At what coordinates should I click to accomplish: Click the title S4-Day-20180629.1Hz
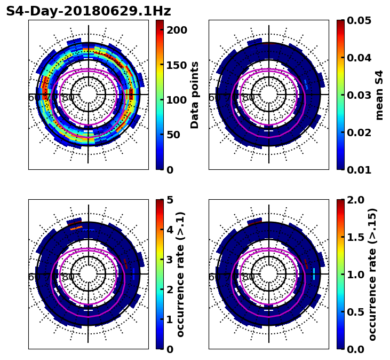coord(89,11)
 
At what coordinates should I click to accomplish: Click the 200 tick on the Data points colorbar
coord(177,30)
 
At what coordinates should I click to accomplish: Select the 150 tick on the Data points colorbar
coord(177,65)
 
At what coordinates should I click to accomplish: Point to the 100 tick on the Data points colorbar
coord(177,100)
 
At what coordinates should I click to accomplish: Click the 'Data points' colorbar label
coord(195,95)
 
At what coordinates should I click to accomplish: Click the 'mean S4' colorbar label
coord(379,95)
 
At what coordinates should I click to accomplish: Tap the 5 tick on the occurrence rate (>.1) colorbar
coord(169,200)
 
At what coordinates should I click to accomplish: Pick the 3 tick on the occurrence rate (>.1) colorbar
coord(169,260)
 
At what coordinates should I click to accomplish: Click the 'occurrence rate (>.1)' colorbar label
coord(181,274)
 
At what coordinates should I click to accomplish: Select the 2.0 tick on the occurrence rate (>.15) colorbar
coord(355,200)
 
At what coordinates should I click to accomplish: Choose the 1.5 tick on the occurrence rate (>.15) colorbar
coord(355,237)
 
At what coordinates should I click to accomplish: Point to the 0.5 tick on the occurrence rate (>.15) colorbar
coord(355,312)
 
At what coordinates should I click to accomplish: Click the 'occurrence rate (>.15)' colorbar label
coord(372,274)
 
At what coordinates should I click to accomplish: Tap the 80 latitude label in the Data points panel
coord(68,98)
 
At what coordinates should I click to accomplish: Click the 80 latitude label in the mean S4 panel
coord(249,98)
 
